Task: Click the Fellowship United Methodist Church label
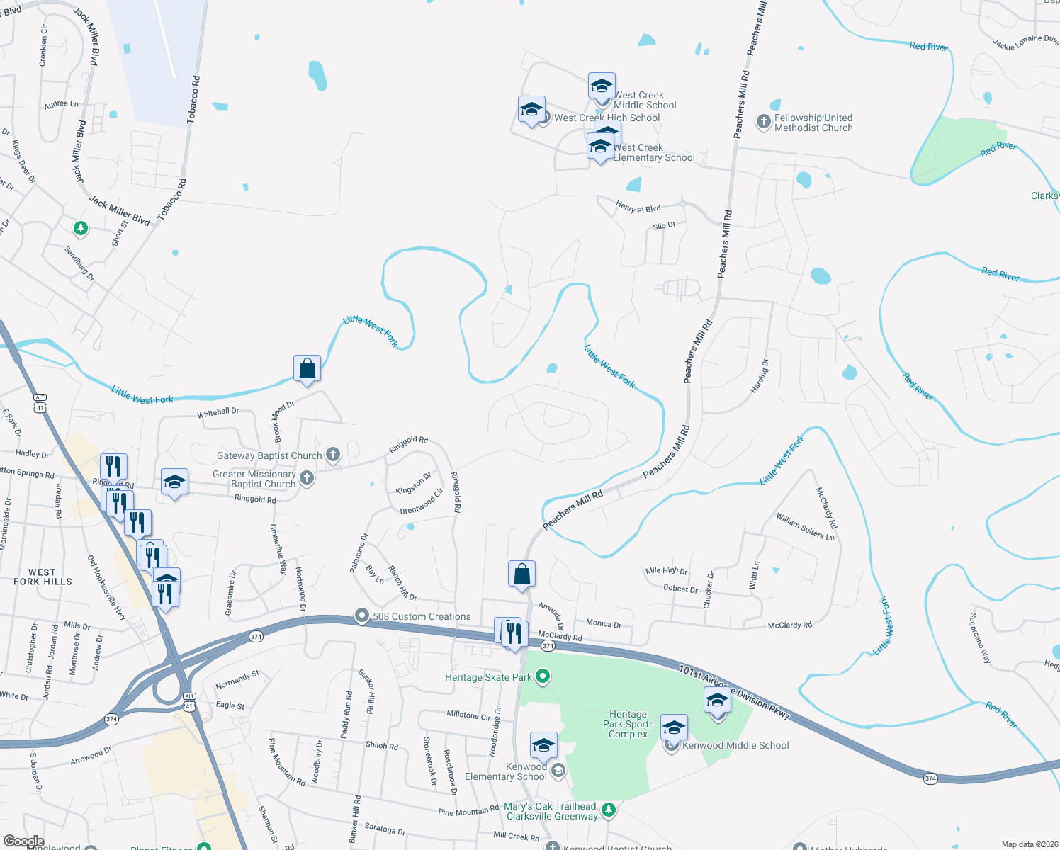(813, 123)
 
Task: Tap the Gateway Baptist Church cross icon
(333, 455)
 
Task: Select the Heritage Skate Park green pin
(543, 676)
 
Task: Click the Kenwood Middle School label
(735, 745)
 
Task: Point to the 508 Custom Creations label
(422, 616)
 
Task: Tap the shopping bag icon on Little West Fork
(307, 369)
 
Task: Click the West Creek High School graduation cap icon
(531, 110)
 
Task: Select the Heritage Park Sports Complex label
(628, 724)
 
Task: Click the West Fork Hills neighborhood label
(43, 577)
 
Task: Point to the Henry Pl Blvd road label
(638, 208)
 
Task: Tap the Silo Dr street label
(664, 226)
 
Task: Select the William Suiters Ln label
(805, 526)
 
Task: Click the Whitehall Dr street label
(218, 412)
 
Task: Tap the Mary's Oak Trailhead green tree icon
(608, 809)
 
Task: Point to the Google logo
(23, 841)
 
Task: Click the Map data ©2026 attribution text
(1027, 844)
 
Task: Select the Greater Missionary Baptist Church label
(254, 479)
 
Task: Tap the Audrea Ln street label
(61, 104)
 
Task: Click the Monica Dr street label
(603, 623)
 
